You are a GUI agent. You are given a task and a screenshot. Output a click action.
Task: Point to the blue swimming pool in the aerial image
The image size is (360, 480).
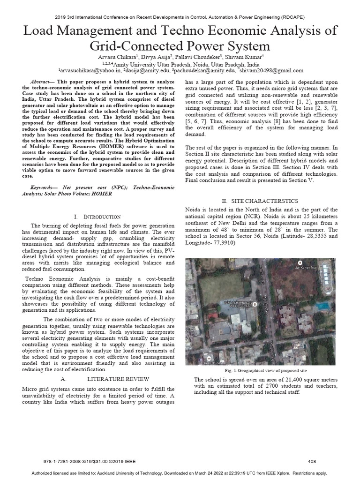(x=322, y=306)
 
